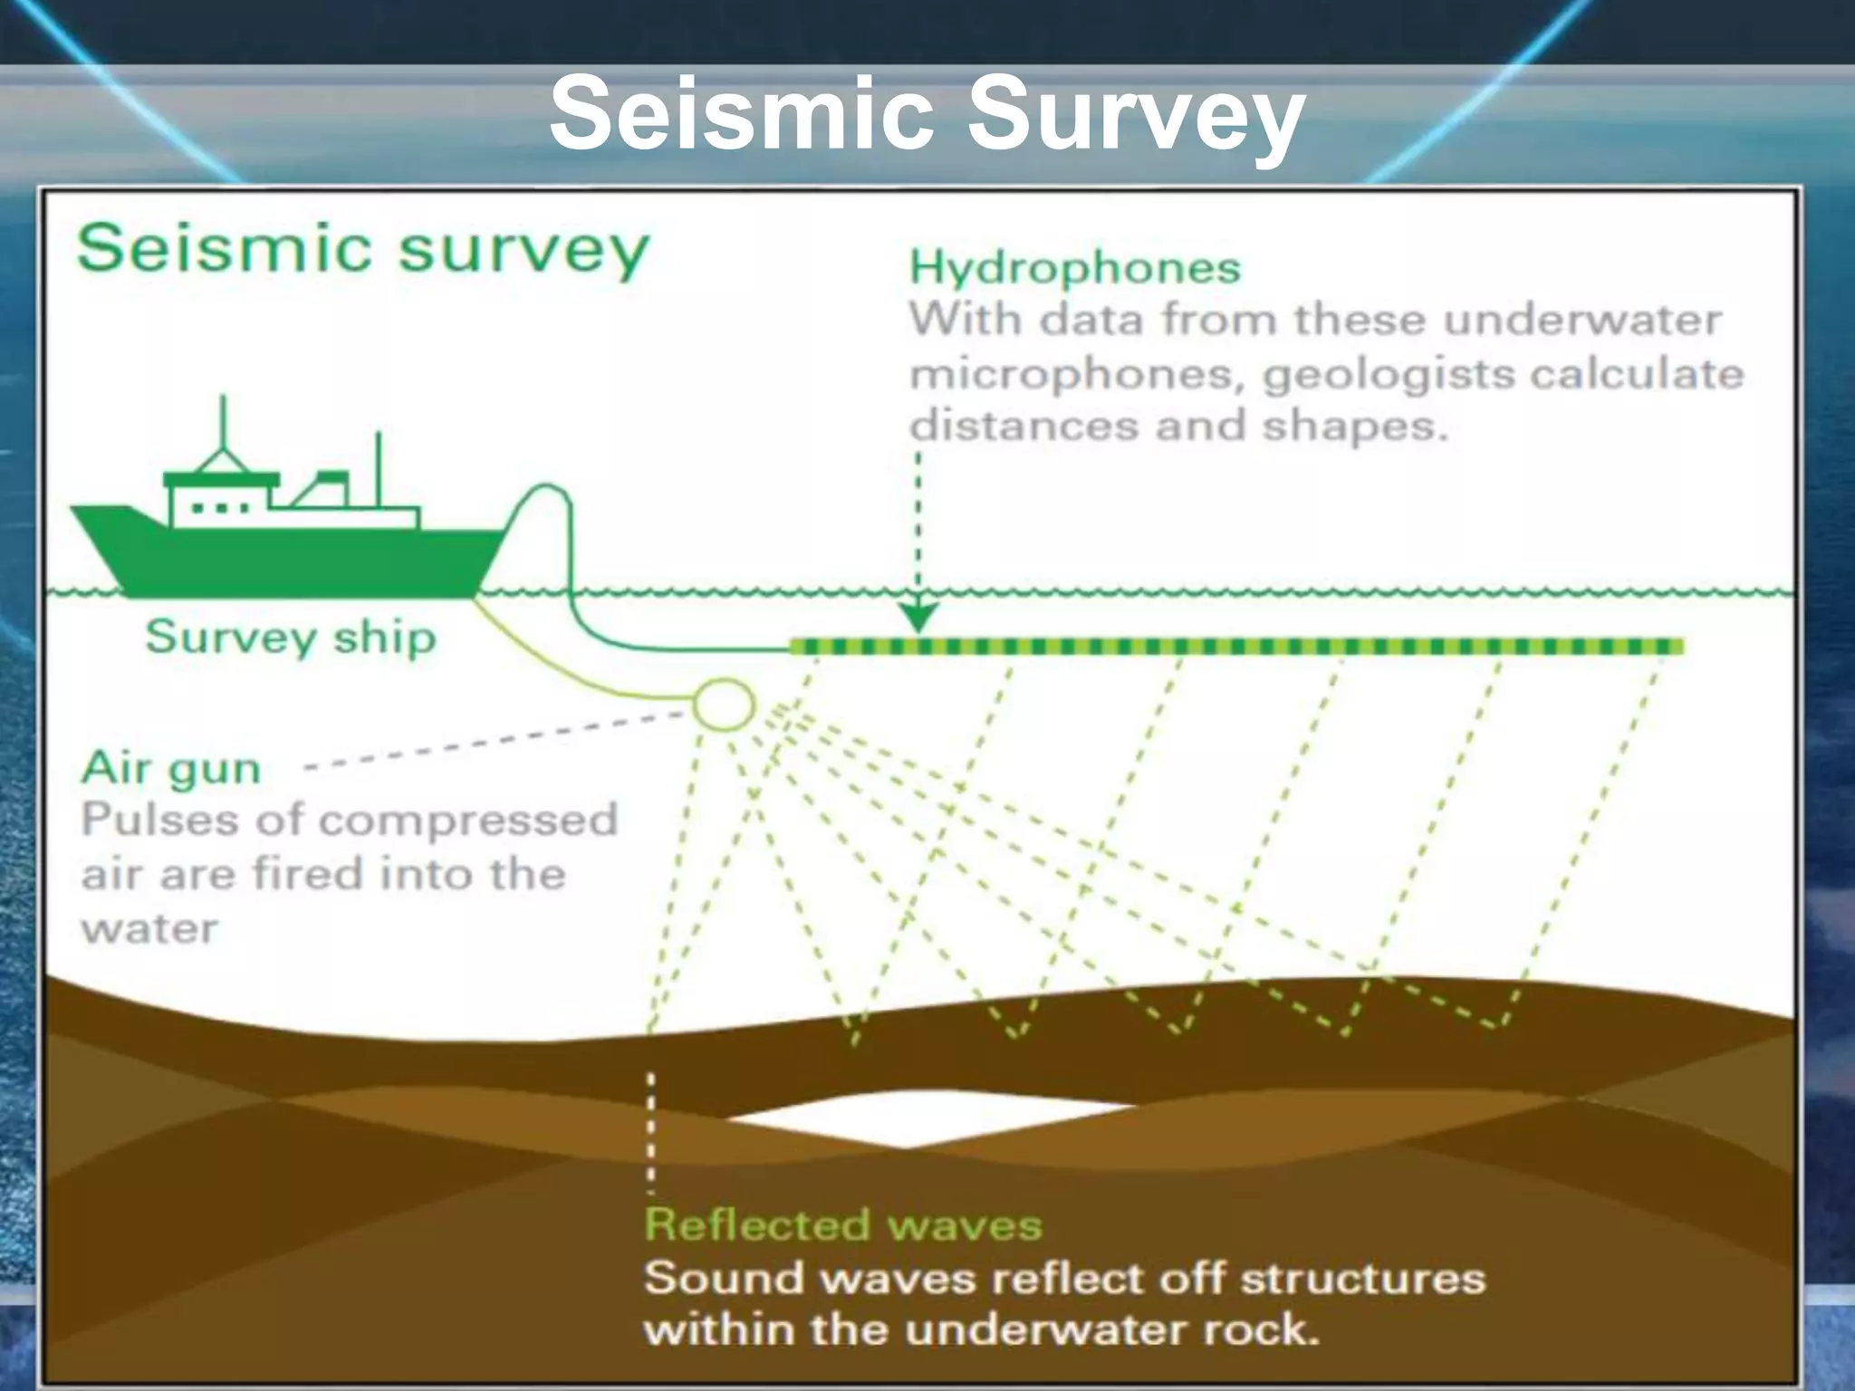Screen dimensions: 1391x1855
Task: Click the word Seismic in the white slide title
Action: pos(741,113)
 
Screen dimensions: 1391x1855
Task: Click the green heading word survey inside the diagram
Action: pos(524,249)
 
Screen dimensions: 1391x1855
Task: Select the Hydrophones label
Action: pos(1074,268)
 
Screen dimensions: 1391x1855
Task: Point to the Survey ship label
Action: pos(290,637)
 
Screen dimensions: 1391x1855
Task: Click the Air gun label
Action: pos(171,768)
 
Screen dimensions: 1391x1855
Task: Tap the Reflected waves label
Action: pos(842,1225)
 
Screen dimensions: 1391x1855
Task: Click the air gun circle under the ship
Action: pos(724,705)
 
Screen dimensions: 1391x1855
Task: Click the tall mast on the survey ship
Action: pos(223,426)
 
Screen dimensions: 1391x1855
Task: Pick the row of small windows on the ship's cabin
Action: pos(220,508)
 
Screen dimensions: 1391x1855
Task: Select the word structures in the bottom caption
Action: pos(1362,1280)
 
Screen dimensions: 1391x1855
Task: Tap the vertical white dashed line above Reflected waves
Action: pos(650,1132)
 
